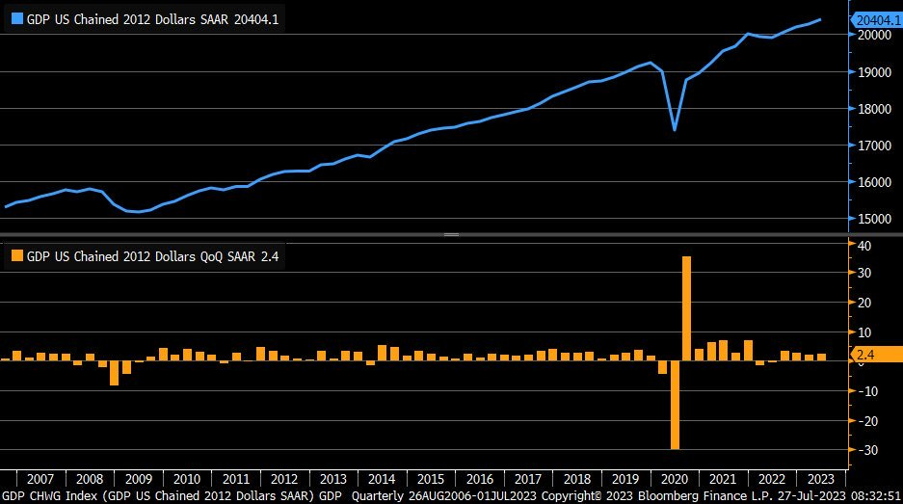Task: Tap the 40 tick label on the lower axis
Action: [x=865, y=246]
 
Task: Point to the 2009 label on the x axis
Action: [x=139, y=479]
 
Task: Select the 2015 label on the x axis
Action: [x=431, y=479]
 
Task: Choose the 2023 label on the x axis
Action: [x=820, y=479]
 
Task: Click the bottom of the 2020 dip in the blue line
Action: [x=675, y=130]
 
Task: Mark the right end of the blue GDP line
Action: [x=820, y=19]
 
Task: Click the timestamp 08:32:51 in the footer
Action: [x=869, y=495]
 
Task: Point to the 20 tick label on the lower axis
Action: [x=865, y=303]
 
